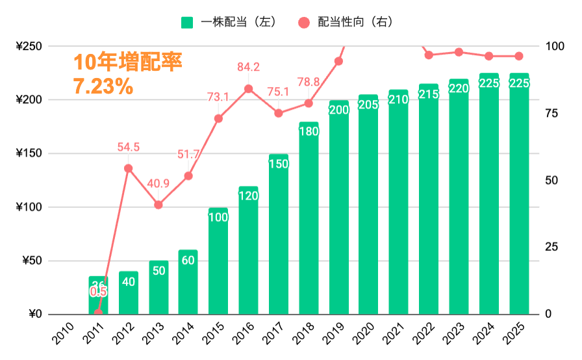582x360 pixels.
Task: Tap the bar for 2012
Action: tap(129, 293)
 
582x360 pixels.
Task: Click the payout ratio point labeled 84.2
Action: tap(248, 89)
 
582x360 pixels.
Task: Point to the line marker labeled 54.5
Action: tap(128, 168)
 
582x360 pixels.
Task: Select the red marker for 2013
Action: tap(158, 205)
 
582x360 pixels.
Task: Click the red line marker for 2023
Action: tap(459, 52)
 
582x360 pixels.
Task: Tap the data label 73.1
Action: tap(218, 97)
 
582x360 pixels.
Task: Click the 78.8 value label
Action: tap(308, 82)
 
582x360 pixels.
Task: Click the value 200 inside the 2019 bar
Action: tap(338, 110)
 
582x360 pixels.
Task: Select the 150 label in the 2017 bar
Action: tap(278, 164)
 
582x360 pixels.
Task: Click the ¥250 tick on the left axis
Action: tap(28, 47)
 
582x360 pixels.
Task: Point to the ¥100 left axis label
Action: tap(28, 208)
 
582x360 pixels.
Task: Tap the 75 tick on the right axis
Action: tap(552, 114)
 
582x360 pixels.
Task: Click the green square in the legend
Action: tap(187, 22)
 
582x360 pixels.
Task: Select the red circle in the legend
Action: tap(303, 22)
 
